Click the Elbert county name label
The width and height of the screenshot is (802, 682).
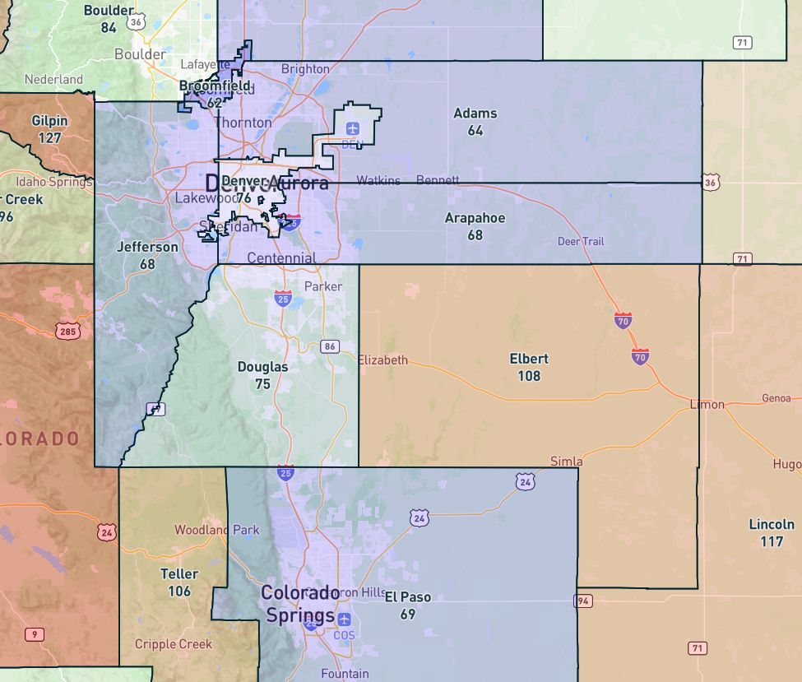pos(529,360)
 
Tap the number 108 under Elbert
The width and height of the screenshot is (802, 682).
pos(529,376)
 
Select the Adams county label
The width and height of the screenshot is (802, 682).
pos(475,114)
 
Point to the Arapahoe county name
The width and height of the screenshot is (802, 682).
pos(475,218)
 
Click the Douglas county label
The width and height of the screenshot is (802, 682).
pos(262,367)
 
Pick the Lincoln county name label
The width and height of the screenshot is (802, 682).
pos(772,524)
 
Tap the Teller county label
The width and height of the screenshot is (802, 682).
pos(179,574)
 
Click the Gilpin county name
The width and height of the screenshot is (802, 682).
pos(49,121)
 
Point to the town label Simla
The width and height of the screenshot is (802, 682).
pos(566,462)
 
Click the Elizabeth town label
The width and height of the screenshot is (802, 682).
pos(383,360)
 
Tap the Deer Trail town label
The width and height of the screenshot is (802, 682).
pos(581,242)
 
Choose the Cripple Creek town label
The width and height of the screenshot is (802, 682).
pos(173,644)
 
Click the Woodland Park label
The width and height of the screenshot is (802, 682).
pos(217,530)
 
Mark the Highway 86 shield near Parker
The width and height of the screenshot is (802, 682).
pos(330,346)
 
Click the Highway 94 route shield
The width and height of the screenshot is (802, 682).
pos(584,601)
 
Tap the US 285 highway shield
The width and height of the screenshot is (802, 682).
pos(68,332)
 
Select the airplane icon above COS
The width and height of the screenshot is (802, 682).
pos(344,619)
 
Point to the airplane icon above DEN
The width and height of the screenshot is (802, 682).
pos(353,128)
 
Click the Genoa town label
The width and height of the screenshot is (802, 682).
pos(776,398)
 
